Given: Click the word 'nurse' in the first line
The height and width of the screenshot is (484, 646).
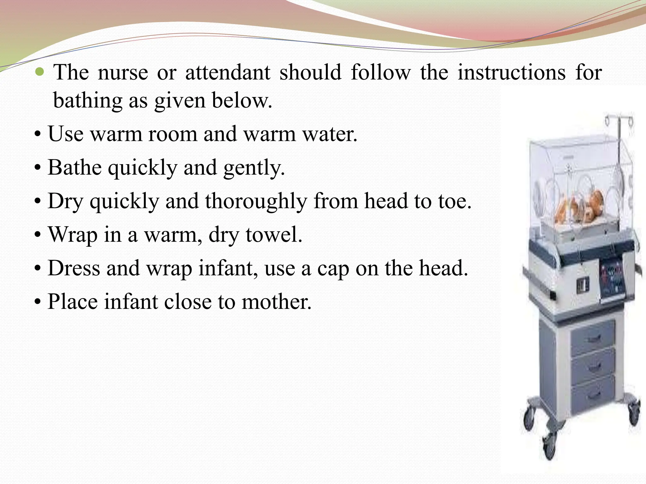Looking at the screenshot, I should (x=123, y=73).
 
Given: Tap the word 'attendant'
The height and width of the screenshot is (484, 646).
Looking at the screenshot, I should (x=227, y=73).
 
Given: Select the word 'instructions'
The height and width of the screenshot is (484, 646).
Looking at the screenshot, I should (x=512, y=73).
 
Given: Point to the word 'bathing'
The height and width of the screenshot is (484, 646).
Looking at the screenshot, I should (x=87, y=101).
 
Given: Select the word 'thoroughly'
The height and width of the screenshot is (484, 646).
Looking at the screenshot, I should (x=256, y=202).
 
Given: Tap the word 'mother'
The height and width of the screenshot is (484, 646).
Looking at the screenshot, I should (x=276, y=302).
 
